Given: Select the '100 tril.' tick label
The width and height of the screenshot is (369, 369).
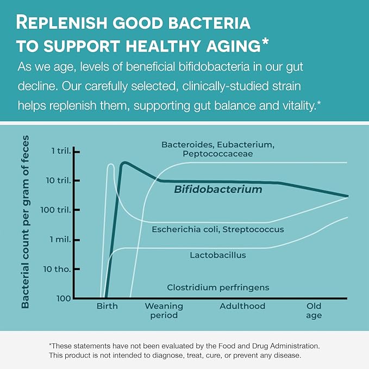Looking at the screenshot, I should (54, 210).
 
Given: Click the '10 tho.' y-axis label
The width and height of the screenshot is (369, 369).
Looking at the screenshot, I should (57, 269).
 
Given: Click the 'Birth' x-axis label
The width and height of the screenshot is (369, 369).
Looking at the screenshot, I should (107, 306).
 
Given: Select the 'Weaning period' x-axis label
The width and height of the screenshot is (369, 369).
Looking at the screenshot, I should (164, 310).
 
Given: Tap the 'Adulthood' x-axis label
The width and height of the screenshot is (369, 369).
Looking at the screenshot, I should (242, 306).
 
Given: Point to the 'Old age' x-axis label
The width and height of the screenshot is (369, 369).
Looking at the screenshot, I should (314, 310).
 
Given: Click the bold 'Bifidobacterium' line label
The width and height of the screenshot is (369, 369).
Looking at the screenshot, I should (218, 190).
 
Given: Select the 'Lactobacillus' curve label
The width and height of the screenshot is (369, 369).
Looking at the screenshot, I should (218, 254).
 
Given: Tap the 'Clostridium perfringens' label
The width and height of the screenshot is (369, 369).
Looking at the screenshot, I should (218, 287).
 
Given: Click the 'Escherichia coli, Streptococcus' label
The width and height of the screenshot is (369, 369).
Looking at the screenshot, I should (218, 229).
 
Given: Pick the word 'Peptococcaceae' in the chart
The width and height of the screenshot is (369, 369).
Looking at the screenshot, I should (218, 154).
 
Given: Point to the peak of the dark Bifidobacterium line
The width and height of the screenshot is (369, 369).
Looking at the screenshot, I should (124, 162).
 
